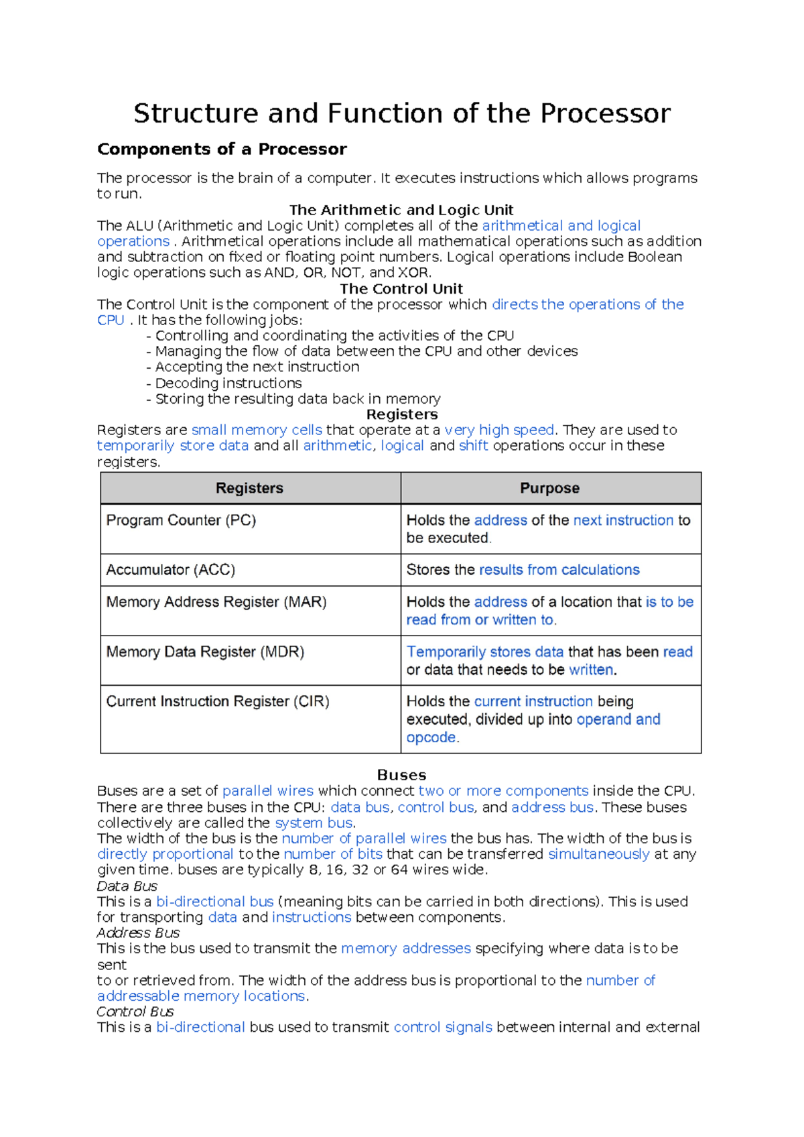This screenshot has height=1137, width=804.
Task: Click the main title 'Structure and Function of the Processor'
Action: (401, 113)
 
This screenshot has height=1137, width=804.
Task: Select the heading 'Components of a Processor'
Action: (222, 149)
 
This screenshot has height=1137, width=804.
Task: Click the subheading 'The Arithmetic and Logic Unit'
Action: (401, 210)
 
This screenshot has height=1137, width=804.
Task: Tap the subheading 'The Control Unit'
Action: (401, 289)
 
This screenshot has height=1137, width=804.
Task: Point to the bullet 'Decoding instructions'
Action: (228, 383)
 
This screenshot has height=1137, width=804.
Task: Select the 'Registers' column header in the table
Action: (249, 488)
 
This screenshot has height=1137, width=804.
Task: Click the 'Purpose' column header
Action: (549, 488)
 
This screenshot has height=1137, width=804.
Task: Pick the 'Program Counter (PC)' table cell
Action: (181, 520)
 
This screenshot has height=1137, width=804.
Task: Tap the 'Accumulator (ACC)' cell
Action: (171, 570)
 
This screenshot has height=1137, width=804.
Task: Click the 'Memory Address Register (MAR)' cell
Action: (216, 602)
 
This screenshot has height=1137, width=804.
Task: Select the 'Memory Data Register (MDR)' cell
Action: (205, 652)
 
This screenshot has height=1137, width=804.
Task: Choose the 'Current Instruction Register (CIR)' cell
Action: (218, 701)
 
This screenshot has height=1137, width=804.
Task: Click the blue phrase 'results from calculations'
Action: (559, 570)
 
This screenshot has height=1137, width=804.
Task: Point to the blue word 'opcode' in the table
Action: (431, 737)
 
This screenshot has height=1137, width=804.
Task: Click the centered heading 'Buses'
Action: (401, 775)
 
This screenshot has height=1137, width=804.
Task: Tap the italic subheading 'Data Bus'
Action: (127, 886)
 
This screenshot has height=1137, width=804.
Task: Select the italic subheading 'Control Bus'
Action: (135, 1012)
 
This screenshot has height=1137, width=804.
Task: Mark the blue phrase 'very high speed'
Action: (499, 430)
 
